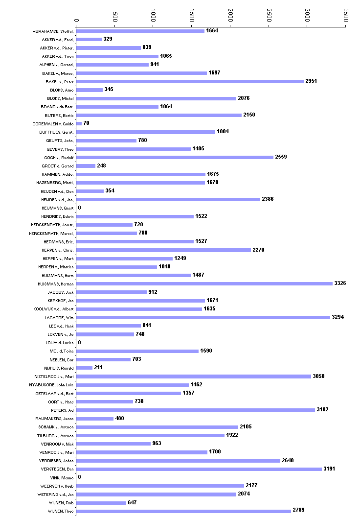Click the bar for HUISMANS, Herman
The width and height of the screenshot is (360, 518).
(x=204, y=283)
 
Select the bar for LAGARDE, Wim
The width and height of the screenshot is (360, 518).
(x=203, y=317)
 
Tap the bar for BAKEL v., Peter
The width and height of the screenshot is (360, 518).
(x=190, y=81)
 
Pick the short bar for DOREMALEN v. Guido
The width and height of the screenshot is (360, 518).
(x=79, y=123)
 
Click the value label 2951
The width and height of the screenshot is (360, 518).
(x=311, y=81)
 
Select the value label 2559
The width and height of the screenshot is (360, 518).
(x=281, y=157)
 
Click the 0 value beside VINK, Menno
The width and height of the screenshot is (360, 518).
(x=79, y=477)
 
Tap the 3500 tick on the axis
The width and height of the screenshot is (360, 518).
(x=345, y=15)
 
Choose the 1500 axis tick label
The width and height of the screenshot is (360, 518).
(x=192, y=15)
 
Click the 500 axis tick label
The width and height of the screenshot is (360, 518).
(x=115, y=16)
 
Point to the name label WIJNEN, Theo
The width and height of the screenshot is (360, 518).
(x=60, y=511)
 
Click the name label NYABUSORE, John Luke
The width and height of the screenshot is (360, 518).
(x=50, y=385)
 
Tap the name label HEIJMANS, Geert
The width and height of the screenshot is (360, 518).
(x=58, y=208)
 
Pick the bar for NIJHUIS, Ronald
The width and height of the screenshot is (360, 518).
(x=85, y=368)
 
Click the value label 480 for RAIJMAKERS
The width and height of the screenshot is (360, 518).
(x=120, y=418)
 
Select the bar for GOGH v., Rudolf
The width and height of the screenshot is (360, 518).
(x=175, y=157)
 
